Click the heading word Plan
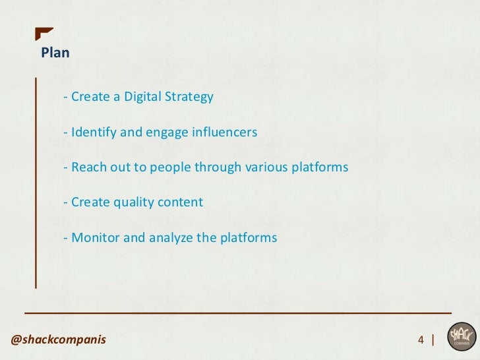55,53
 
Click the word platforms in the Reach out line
320,167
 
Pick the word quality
131,202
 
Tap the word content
180,202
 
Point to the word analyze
168,237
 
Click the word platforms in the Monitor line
249,237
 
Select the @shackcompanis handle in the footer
58,340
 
